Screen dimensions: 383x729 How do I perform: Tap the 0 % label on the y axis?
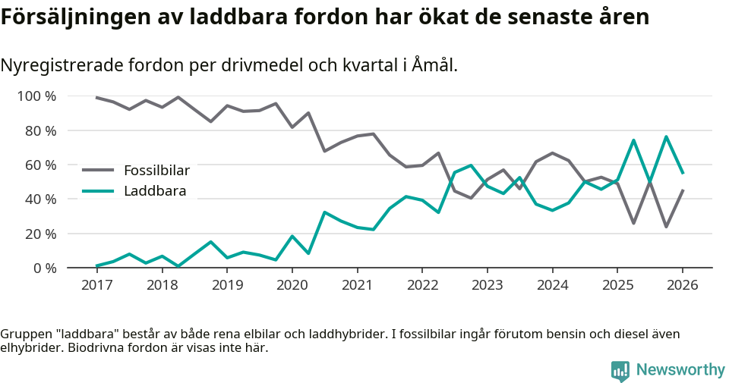(x=44, y=268)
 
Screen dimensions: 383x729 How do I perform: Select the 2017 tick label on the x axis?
(x=96, y=285)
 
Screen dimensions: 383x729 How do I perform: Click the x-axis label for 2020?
(x=292, y=285)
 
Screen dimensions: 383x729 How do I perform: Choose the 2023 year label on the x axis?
(x=487, y=285)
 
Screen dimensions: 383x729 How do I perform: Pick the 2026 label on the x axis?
(x=682, y=285)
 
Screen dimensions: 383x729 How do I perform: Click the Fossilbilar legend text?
(x=156, y=171)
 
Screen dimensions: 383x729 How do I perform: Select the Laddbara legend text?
(x=155, y=191)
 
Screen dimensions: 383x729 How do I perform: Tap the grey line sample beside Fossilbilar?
(x=97, y=171)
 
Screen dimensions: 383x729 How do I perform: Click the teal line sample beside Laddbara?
(x=97, y=191)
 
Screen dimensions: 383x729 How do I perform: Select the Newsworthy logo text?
(x=680, y=370)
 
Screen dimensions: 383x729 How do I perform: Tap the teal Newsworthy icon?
(x=620, y=371)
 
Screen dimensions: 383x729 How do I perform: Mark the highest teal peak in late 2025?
(x=666, y=137)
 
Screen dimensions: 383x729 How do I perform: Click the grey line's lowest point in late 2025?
(x=666, y=227)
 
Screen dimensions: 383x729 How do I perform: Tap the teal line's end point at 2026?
(x=683, y=173)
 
